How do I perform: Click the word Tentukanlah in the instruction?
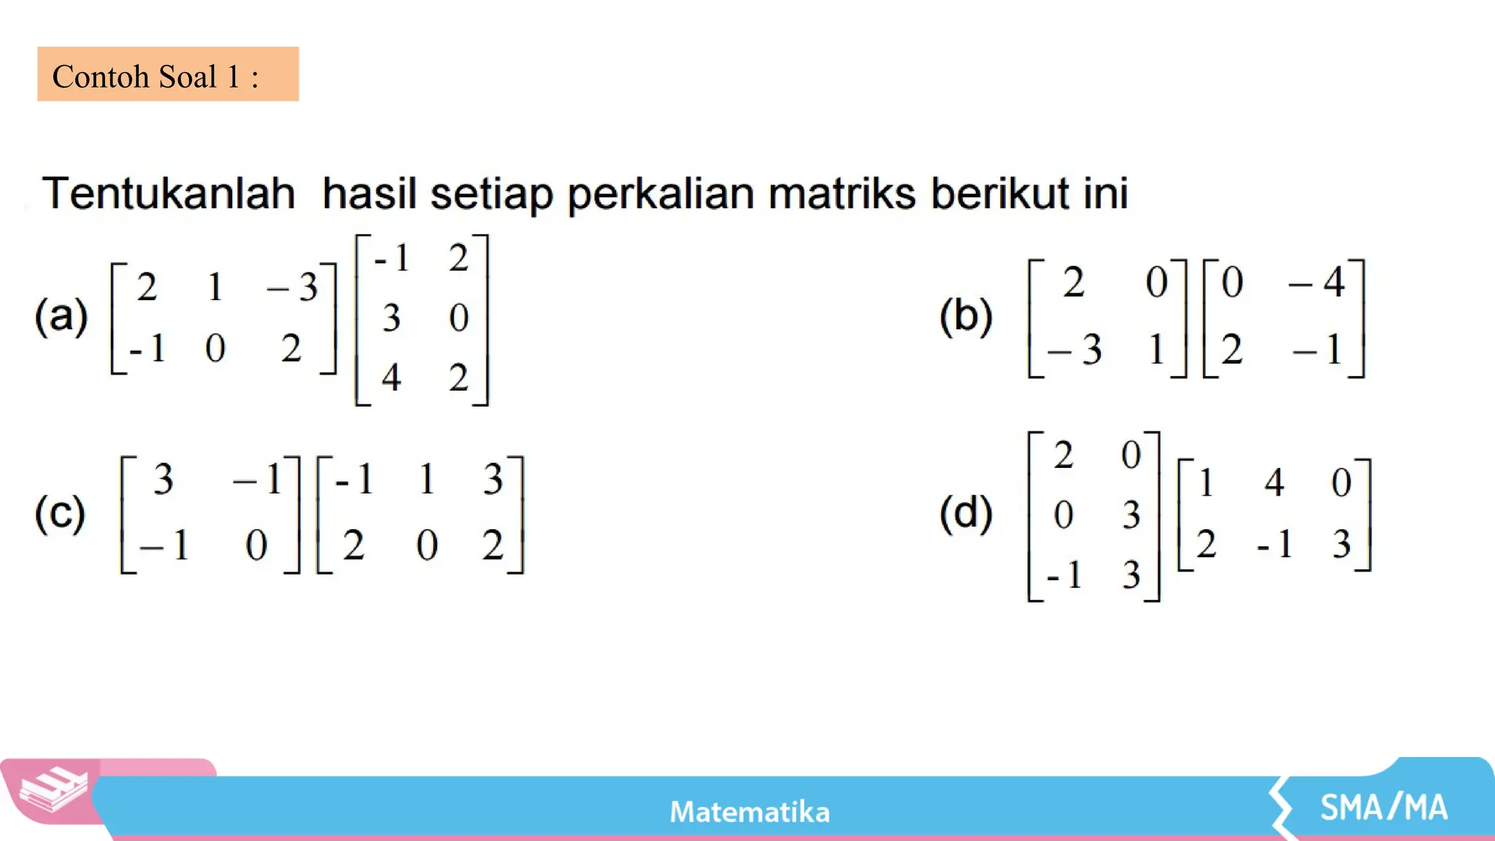point(169,193)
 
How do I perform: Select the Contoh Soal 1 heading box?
point(168,74)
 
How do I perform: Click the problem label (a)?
point(61,317)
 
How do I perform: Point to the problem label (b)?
point(966,317)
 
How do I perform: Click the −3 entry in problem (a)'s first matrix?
point(293,287)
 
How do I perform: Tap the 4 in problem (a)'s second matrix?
point(391,377)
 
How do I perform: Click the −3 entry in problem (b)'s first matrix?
point(1075,350)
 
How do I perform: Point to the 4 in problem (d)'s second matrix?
point(1275,483)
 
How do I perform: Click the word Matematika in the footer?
point(750,812)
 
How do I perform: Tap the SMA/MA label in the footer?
point(1383,807)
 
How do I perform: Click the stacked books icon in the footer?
point(53,791)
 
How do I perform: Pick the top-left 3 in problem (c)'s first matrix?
point(164,480)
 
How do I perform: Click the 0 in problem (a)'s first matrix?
point(215,348)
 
